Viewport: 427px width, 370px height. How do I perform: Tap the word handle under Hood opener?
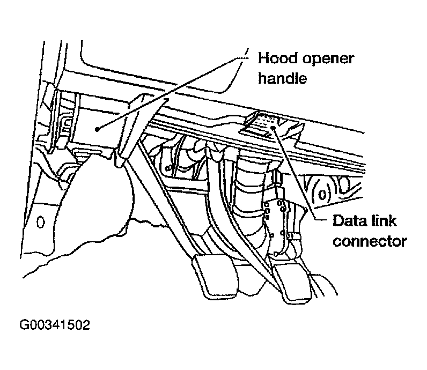282,79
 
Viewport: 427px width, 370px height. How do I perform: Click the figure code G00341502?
55,325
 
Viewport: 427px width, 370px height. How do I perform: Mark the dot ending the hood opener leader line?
97,128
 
